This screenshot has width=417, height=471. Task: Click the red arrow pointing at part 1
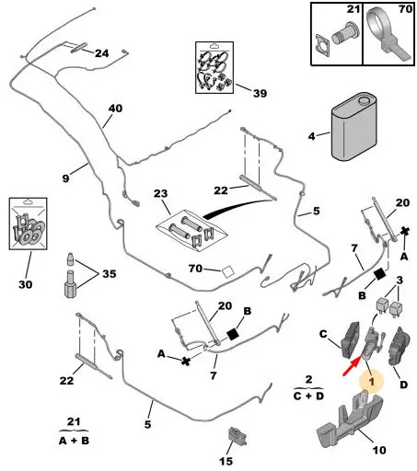click(352, 367)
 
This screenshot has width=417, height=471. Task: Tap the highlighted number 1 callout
click(371, 382)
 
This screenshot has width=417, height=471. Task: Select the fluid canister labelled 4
click(353, 126)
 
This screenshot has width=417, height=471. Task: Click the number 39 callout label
click(260, 93)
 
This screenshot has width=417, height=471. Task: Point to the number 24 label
click(101, 53)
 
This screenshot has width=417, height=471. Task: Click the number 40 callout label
click(115, 109)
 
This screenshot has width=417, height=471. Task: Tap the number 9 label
click(65, 178)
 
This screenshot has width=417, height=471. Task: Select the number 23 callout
click(161, 193)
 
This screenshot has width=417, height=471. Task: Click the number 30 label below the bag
click(25, 284)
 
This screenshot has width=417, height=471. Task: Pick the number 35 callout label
click(110, 273)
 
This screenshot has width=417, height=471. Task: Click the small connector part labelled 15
click(237, 436)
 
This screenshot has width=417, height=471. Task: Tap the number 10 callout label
click(379, 450)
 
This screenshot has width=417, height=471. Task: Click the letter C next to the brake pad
click(323, 334)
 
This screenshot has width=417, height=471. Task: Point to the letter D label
click(403, 385)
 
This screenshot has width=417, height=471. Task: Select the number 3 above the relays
click(400, 280)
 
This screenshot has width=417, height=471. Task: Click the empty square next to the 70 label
click(227, 271)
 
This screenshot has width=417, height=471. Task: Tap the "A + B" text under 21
click(74, 441)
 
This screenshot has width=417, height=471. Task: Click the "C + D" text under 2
click(308, 396)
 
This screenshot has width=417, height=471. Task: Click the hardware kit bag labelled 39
click(214, 67)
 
